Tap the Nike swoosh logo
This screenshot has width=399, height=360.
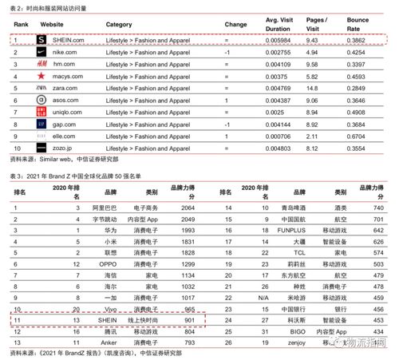coord(42,51)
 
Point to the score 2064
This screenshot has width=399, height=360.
coord(188,207)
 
